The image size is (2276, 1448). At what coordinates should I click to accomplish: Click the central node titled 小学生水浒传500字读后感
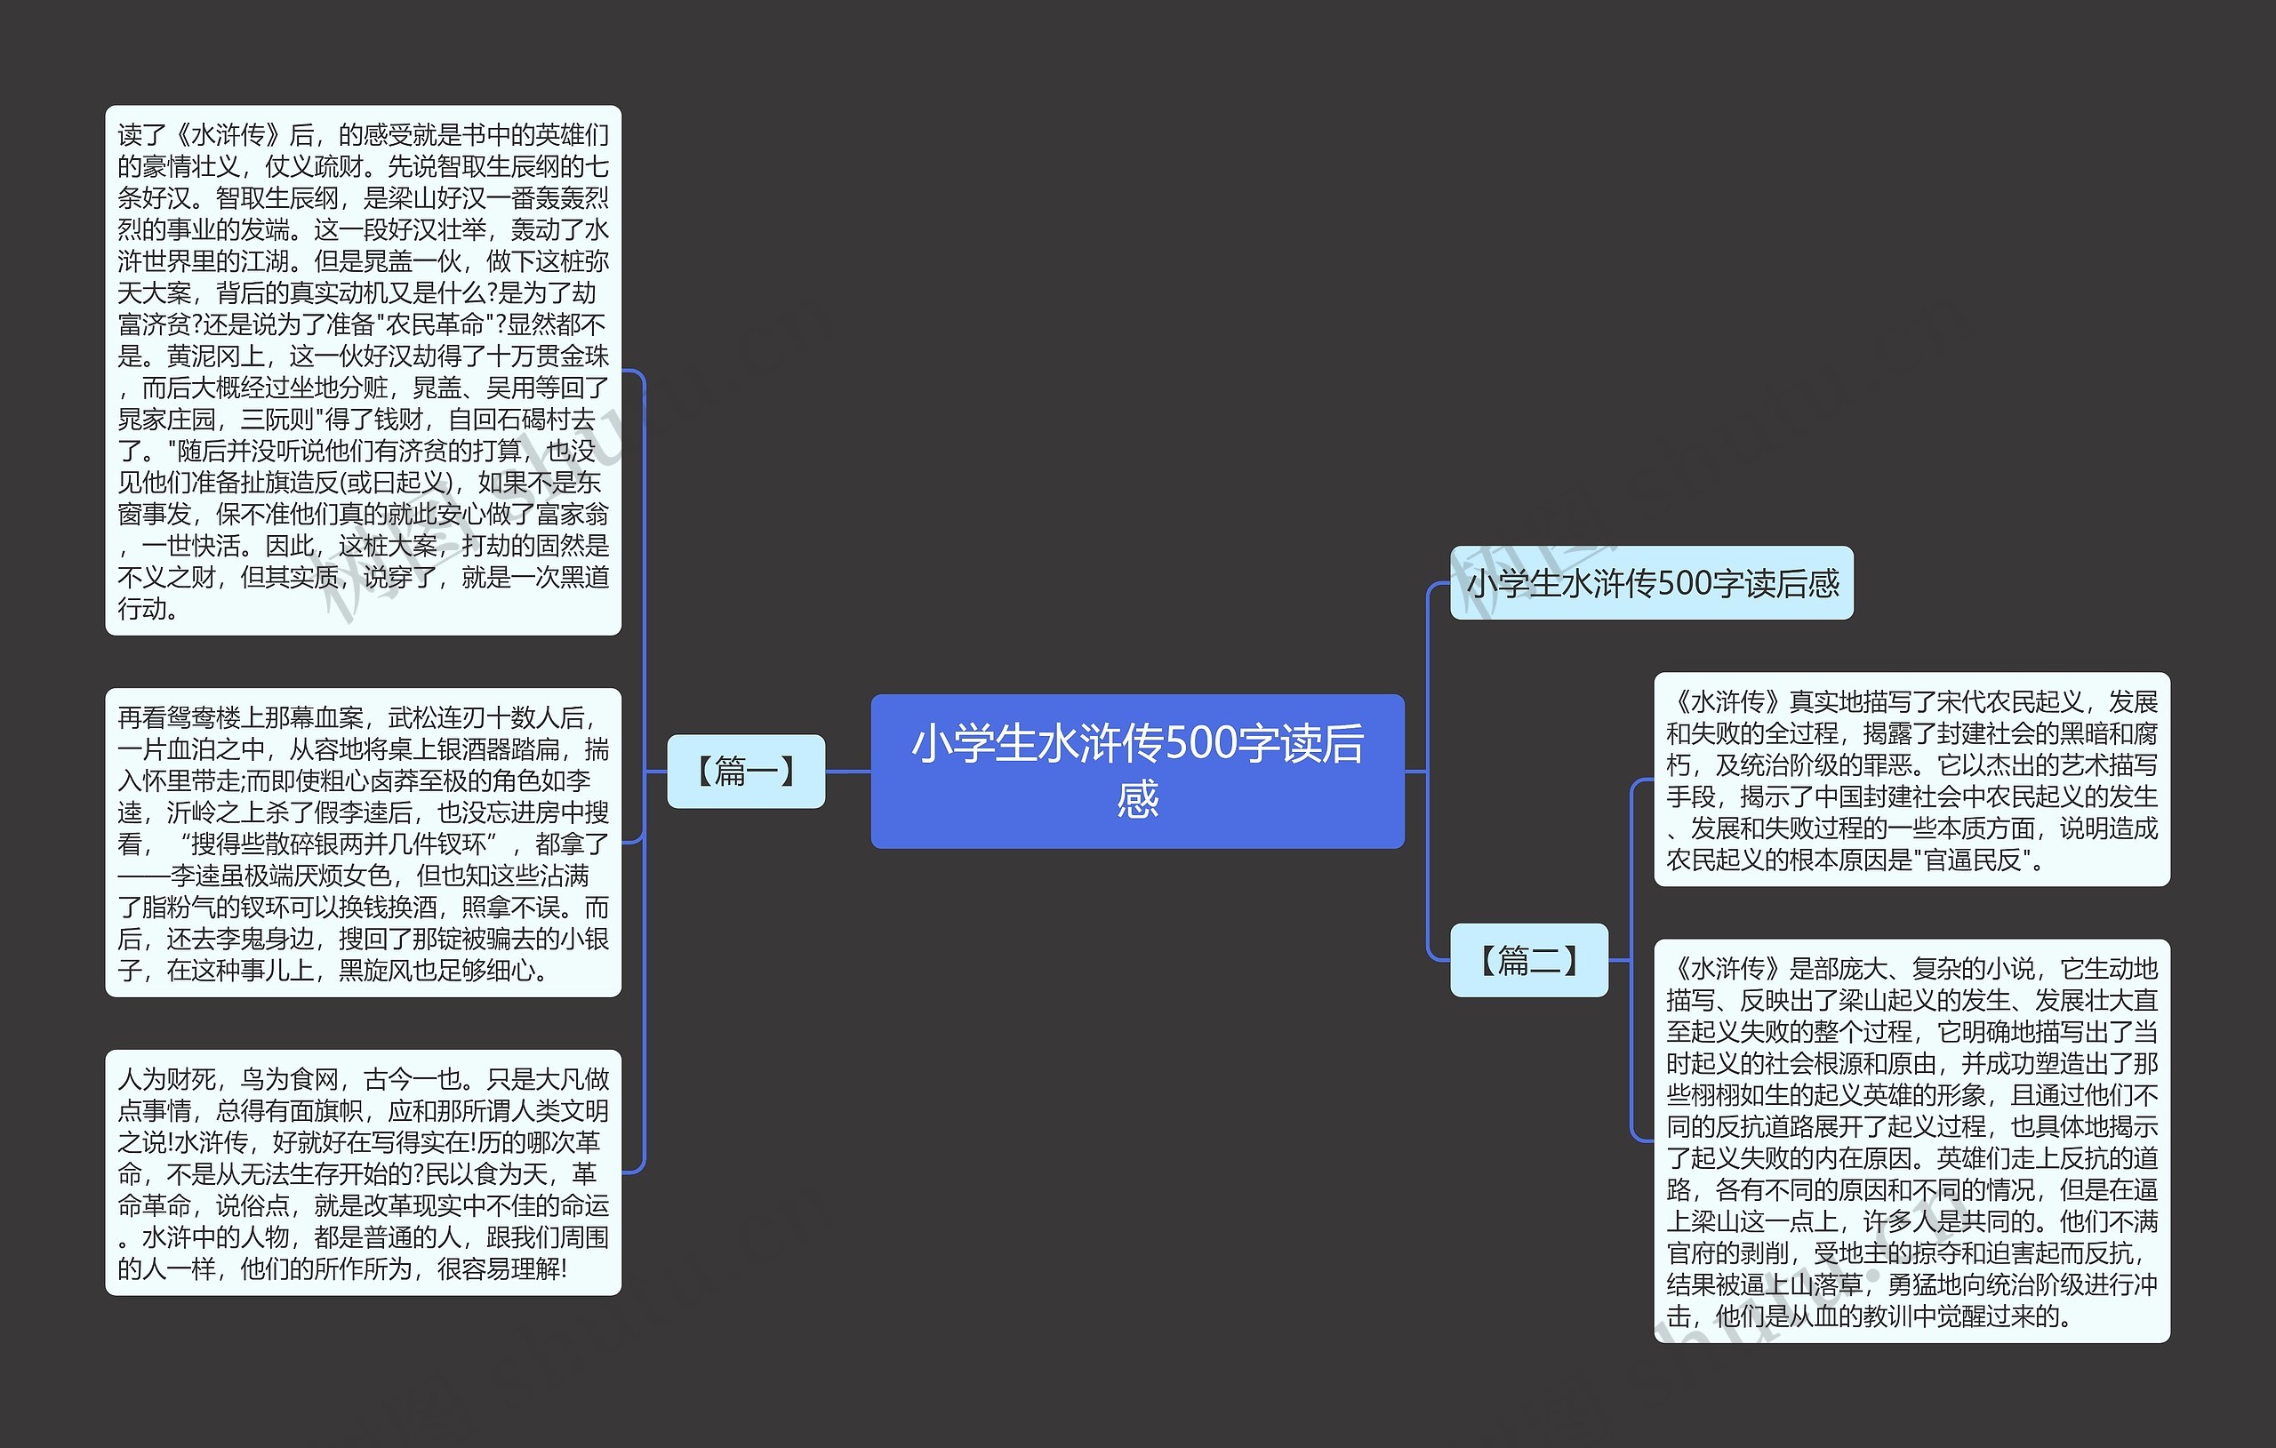pyautogui.click(x=1137, y=772)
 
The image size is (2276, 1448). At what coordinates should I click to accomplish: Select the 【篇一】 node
pyautogui.click(x=746, y=772)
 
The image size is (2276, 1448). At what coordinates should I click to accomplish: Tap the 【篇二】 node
pyautogui.click(x=1528, y=960)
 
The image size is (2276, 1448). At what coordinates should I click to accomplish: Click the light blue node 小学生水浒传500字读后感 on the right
pyautogui.click(x=1651, y=583)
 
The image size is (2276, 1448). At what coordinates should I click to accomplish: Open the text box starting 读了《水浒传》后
pyautogui.click(x=363, y=371)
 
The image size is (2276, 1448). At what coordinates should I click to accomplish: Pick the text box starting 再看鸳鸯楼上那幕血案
pyautogui.click(x=363, y=842)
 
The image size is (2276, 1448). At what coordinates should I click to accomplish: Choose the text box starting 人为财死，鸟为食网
pyautogui.click(x=363, y=1172)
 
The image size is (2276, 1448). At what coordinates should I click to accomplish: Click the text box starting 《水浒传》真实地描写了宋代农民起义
pyautogui.click(x=1911, y=780)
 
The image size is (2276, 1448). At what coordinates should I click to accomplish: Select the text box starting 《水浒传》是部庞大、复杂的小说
pyautogui.click(x=1911, y=1140)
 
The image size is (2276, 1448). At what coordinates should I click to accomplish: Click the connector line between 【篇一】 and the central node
pyautogui.click(x=848, y=772)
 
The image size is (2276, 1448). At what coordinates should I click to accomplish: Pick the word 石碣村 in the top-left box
pyautogui.click(x=534, y=420)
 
